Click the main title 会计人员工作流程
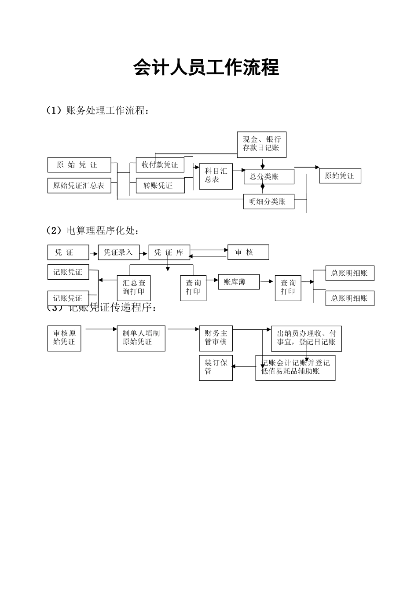[x=206, y=68]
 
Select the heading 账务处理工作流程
[x=106, y=110]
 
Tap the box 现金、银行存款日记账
[x=261, y=144]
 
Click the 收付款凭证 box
[x=160, y=165]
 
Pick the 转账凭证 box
[x=160, y=186]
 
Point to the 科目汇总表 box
[x=216, y=176]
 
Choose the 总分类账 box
[x=268, y=177]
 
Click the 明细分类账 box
[x=268, y=202]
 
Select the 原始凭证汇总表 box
[x=79, y=186]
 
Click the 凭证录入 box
[x=118, y=252]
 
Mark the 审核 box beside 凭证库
[x=248, y=252]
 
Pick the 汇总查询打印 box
[x=134, y=288]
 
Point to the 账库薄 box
[x=238, y=282]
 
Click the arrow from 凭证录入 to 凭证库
[x=144, y=254]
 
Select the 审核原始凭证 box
[x=64, y=338]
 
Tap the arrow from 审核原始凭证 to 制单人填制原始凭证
[x=101, y=328]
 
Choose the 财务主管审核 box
[x=216, y=338]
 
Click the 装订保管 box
[x=216, y=368]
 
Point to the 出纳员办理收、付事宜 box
[x=306, y=338]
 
